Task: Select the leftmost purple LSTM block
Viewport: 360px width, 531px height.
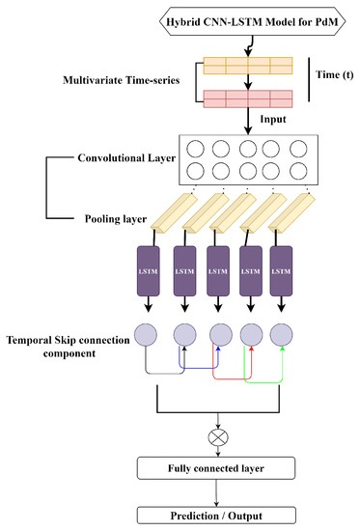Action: pyautogui.click(x=151, y=271)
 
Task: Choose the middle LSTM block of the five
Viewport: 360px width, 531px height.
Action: pyautogui.click(x=218, y=271)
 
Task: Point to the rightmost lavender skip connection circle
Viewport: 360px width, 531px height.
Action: pyautogui.click(x=283, y=334)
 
